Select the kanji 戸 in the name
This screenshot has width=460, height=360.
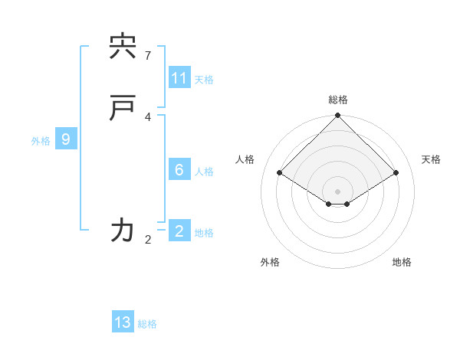(123, 109)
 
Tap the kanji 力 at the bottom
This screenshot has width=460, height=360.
(123, 229)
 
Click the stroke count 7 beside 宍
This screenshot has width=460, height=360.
(148, 56)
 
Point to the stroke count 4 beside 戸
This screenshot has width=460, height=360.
(148, 116)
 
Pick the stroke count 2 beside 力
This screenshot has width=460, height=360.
(148, 240)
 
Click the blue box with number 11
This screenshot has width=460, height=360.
(179, 78)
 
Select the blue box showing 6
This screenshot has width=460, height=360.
(179, 170)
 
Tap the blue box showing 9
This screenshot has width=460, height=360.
(66, 139)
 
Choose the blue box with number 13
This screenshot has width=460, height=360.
(123, 322)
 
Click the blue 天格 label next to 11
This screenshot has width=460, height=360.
(204, 80)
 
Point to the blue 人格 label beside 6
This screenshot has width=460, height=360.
(204, 172)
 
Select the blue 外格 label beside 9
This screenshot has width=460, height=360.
(41, 141)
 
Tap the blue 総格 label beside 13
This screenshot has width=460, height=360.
(147, 324)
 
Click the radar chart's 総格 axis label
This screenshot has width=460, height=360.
(338, 100)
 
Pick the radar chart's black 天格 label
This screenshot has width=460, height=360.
(431, 159)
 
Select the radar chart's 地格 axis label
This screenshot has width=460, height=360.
(402, 262)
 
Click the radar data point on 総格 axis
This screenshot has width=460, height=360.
(338, 116)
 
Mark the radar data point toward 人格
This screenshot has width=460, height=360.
(280, 173)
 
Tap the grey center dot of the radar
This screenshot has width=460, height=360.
(338, 191)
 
